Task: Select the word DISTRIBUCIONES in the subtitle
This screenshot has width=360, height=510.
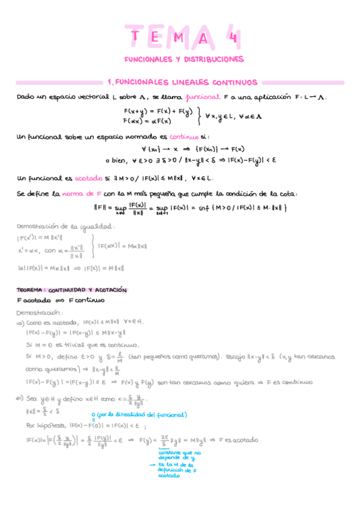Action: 215,60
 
